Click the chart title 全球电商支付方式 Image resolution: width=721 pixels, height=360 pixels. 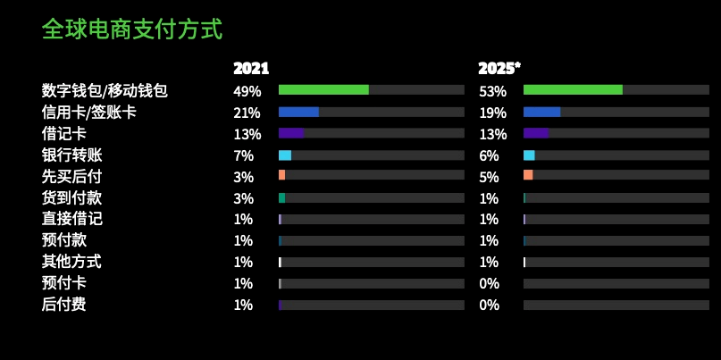point(131,29)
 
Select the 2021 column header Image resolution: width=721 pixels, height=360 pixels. point(251,69)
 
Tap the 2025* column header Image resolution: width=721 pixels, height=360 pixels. point(499,69)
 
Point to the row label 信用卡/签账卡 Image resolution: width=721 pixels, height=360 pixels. point(88,113)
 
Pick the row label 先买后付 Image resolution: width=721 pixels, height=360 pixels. point(71,176)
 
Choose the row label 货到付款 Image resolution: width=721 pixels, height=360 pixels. point(71,197)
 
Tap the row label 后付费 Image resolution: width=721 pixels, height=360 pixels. point(63,305)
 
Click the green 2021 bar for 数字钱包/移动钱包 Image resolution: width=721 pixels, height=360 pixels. point(323,90)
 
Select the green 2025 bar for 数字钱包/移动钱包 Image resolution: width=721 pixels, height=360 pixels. point(573,90)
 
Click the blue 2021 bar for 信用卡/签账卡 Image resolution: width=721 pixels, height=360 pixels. point(298,112)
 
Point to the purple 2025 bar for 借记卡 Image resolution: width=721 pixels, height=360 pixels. point(536,133)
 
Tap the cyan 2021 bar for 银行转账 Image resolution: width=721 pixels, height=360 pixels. point(285,155)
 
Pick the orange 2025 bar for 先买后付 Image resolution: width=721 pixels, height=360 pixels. point(528,175)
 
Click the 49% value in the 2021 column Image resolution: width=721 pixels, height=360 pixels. point(247,91)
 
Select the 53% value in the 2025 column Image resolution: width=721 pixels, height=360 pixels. point(492,91)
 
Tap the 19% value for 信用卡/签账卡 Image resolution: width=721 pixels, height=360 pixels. point(492,113)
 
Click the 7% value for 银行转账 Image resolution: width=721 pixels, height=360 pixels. point(243,155)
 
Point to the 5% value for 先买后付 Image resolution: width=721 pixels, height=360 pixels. point(489,177)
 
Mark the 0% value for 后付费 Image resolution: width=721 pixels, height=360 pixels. point(489,306)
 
